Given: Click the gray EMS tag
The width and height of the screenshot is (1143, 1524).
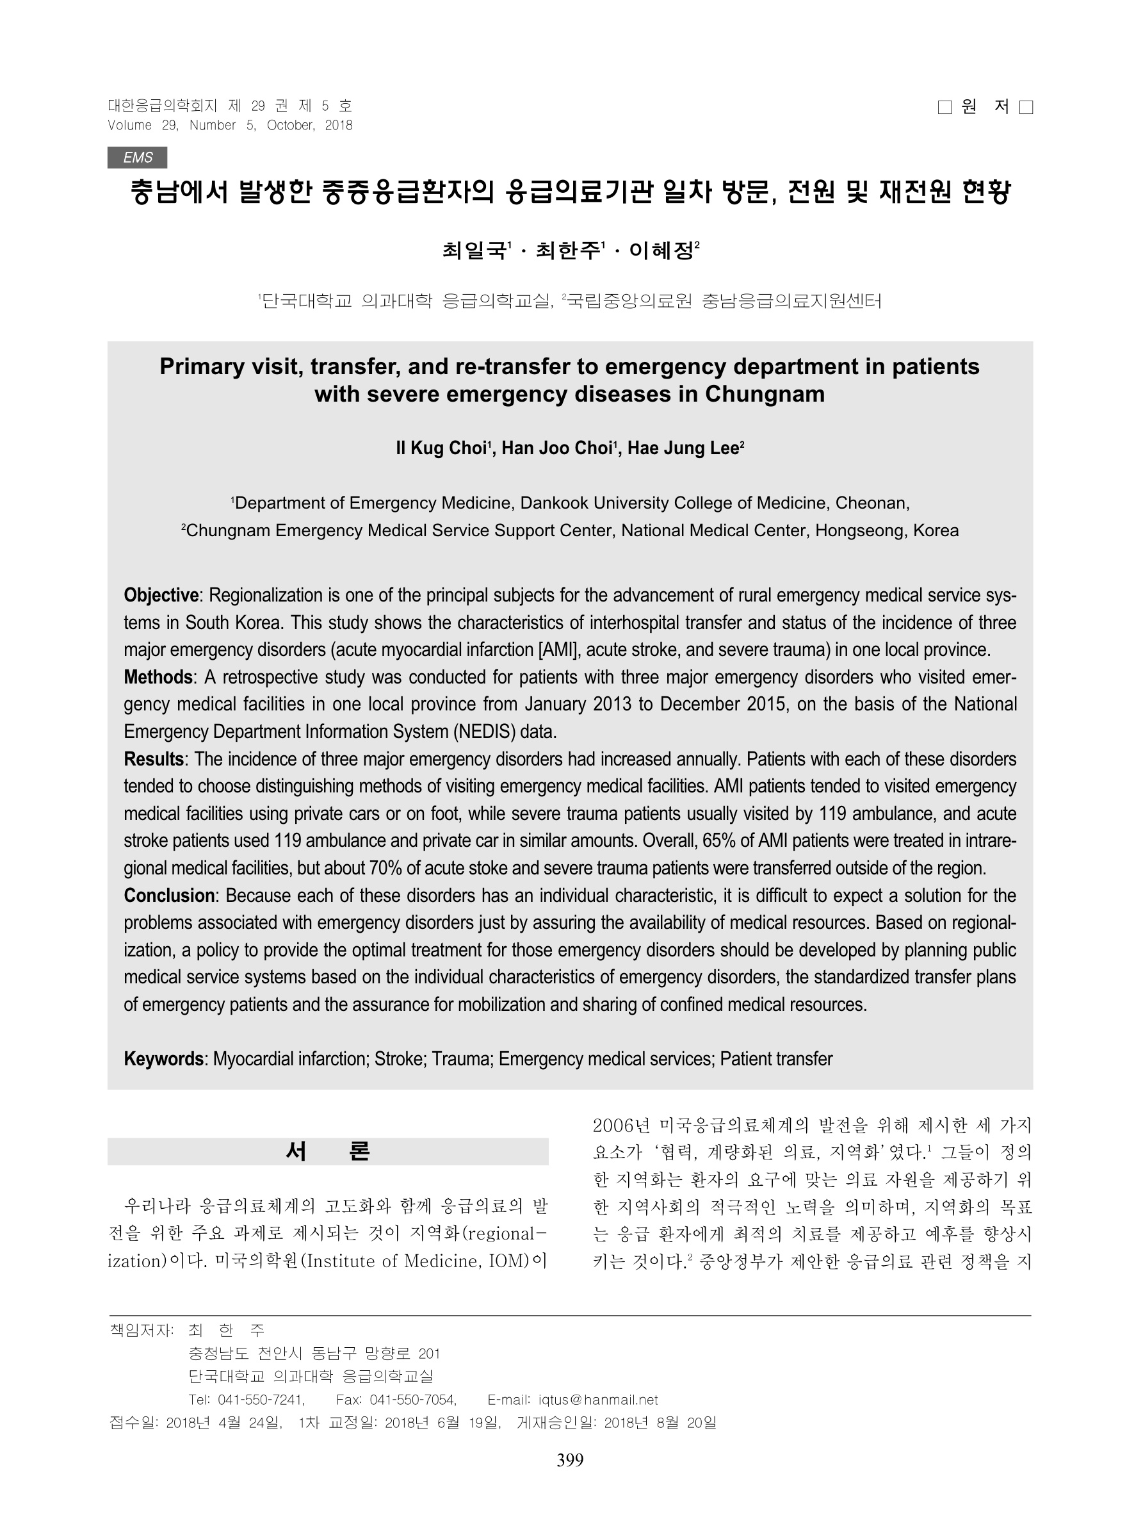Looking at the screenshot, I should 137,158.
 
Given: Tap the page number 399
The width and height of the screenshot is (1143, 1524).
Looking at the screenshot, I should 570,1461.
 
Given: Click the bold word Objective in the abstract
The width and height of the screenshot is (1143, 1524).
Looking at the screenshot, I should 161,595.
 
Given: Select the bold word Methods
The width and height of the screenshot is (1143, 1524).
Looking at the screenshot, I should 158,677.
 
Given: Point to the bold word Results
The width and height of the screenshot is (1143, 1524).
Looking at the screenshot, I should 153,759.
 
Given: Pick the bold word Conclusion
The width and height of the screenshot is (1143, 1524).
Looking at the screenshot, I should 168,896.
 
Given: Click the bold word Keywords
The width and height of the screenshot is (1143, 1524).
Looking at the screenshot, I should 163,1059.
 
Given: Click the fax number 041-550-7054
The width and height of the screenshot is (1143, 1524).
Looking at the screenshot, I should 412,1400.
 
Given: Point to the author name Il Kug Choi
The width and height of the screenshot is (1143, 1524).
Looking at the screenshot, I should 441,448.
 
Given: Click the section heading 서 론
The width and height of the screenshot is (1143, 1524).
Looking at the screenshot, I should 328,1151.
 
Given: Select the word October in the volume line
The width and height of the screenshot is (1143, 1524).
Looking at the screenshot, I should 291,126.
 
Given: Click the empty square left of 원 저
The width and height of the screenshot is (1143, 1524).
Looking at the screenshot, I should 944,108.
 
